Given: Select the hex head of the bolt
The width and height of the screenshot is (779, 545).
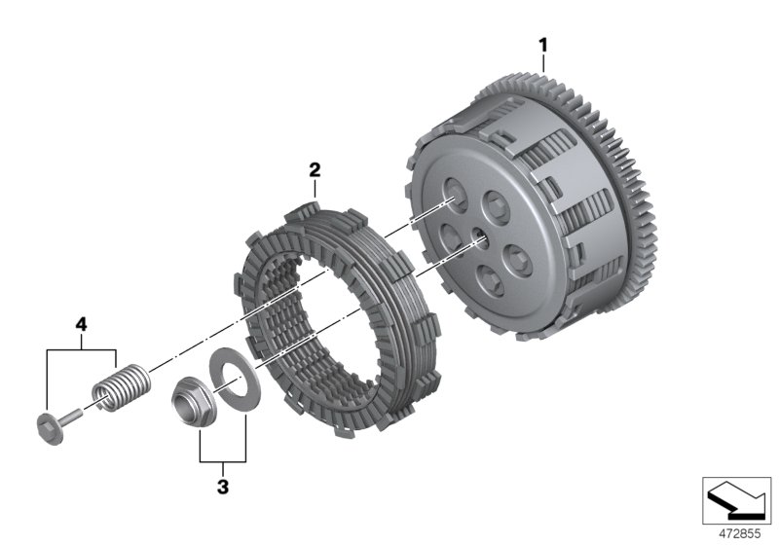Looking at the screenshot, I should click(x=48, y=425).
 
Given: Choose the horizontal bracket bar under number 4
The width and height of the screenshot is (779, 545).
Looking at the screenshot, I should click(x=82, y=348).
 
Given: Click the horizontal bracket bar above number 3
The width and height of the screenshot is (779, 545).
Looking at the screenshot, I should click(x=222, y=460).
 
